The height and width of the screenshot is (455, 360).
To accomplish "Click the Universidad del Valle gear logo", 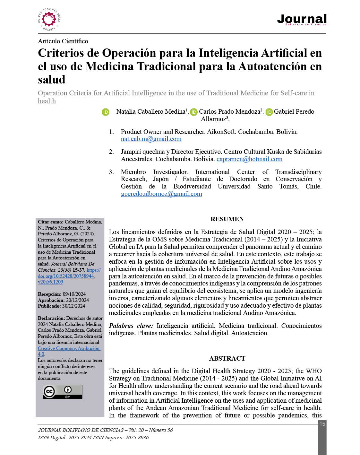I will pos(49,20).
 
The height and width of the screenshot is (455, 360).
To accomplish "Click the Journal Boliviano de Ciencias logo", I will pos(302,20).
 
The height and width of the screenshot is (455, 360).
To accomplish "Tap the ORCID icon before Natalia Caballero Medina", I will pos(106,112).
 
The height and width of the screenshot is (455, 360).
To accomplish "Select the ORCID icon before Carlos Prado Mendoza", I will pos(194,112).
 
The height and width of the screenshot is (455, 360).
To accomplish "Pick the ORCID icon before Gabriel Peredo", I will pos(269,112).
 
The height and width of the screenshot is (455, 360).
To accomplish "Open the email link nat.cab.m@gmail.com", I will pos(151,139).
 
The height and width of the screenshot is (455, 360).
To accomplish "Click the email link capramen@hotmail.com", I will pos(249,159).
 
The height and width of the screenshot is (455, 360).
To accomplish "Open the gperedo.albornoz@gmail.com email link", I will pos(161,194).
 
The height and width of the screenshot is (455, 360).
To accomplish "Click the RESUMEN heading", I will pos(227,219).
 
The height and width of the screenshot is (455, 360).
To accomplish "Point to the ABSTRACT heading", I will pos(227,358).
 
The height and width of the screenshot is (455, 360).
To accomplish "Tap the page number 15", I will pos(322,424).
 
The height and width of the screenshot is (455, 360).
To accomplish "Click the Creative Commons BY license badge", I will pos(62,392).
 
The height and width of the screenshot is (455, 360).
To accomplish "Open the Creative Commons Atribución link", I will pos(69,348).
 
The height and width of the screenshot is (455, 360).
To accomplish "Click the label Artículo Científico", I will pos(63,41).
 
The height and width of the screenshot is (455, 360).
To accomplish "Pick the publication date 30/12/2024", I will pos(73,306).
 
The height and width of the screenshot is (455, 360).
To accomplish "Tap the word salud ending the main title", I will pos(51,80).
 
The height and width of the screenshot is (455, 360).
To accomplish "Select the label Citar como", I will pos(50,222).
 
